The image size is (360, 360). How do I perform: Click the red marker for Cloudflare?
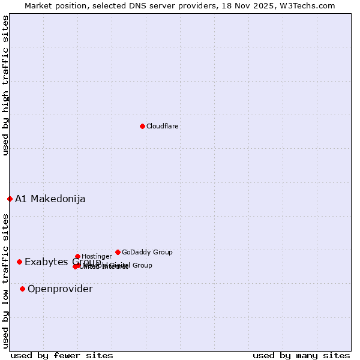[142, 126]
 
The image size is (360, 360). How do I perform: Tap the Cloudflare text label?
[163, 127]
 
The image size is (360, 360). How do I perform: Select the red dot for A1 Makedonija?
[10, 199]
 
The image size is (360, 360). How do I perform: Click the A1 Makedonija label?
[50, 199]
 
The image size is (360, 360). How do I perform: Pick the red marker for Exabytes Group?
[20, 262]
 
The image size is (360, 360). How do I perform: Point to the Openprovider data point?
[23, 289]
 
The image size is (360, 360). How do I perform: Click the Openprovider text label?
[60, 289]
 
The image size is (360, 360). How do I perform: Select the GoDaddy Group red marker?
[118, 252]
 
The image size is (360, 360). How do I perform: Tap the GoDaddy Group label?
[147, 253]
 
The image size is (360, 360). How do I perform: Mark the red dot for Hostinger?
[77, 256]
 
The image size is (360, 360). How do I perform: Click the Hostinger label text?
[97, 257]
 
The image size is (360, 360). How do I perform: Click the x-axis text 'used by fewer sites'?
[62, 356]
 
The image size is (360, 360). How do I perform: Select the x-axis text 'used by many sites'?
[301, 356]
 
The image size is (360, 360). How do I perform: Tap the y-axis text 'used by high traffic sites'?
[5, 85]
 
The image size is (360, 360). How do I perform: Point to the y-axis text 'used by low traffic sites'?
[5, 281]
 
